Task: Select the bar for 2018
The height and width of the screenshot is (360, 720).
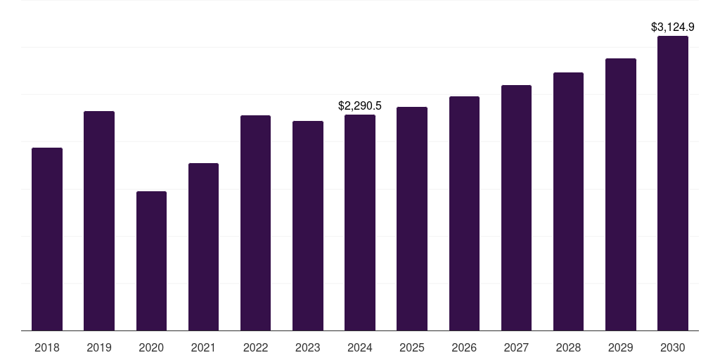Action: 47,239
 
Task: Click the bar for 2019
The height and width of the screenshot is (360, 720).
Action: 99,221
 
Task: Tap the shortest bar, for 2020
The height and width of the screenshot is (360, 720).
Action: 151,261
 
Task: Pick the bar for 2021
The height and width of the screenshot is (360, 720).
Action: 203,247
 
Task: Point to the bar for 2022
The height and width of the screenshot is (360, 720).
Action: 255,223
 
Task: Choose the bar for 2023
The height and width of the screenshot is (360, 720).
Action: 308,226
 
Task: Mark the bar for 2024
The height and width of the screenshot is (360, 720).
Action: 360,223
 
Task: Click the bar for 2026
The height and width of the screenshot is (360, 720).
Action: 464,214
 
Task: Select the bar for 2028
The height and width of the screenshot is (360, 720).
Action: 568,202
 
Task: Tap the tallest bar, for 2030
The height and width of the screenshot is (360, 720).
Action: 673,184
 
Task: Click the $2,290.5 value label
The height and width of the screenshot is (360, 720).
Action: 360,105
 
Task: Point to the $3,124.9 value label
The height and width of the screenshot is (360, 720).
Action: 673,27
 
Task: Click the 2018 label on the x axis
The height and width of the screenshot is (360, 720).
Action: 47,347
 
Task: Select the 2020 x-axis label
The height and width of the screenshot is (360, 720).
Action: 151,347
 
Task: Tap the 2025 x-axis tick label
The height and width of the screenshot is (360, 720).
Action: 412,347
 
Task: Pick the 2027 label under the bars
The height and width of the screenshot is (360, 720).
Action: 516,347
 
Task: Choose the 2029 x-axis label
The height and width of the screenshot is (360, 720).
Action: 620,347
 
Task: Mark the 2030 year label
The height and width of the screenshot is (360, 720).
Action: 673,347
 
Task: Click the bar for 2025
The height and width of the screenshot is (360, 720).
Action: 412,219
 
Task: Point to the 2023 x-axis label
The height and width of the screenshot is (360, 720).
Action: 308,347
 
